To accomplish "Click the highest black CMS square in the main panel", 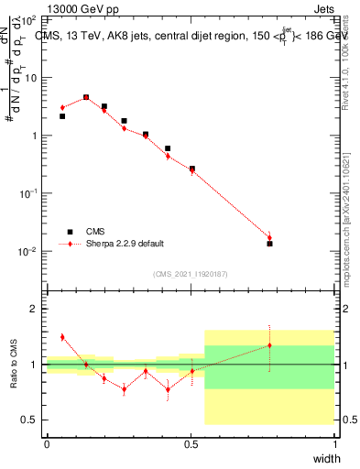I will [x=86, y=97].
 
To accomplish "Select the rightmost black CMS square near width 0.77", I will [x=269, y=244].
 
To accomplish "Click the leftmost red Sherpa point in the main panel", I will [x=62, y=107].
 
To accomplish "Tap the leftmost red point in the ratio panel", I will [x=62, y=337].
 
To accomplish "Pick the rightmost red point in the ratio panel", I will [x=269, y=345].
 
